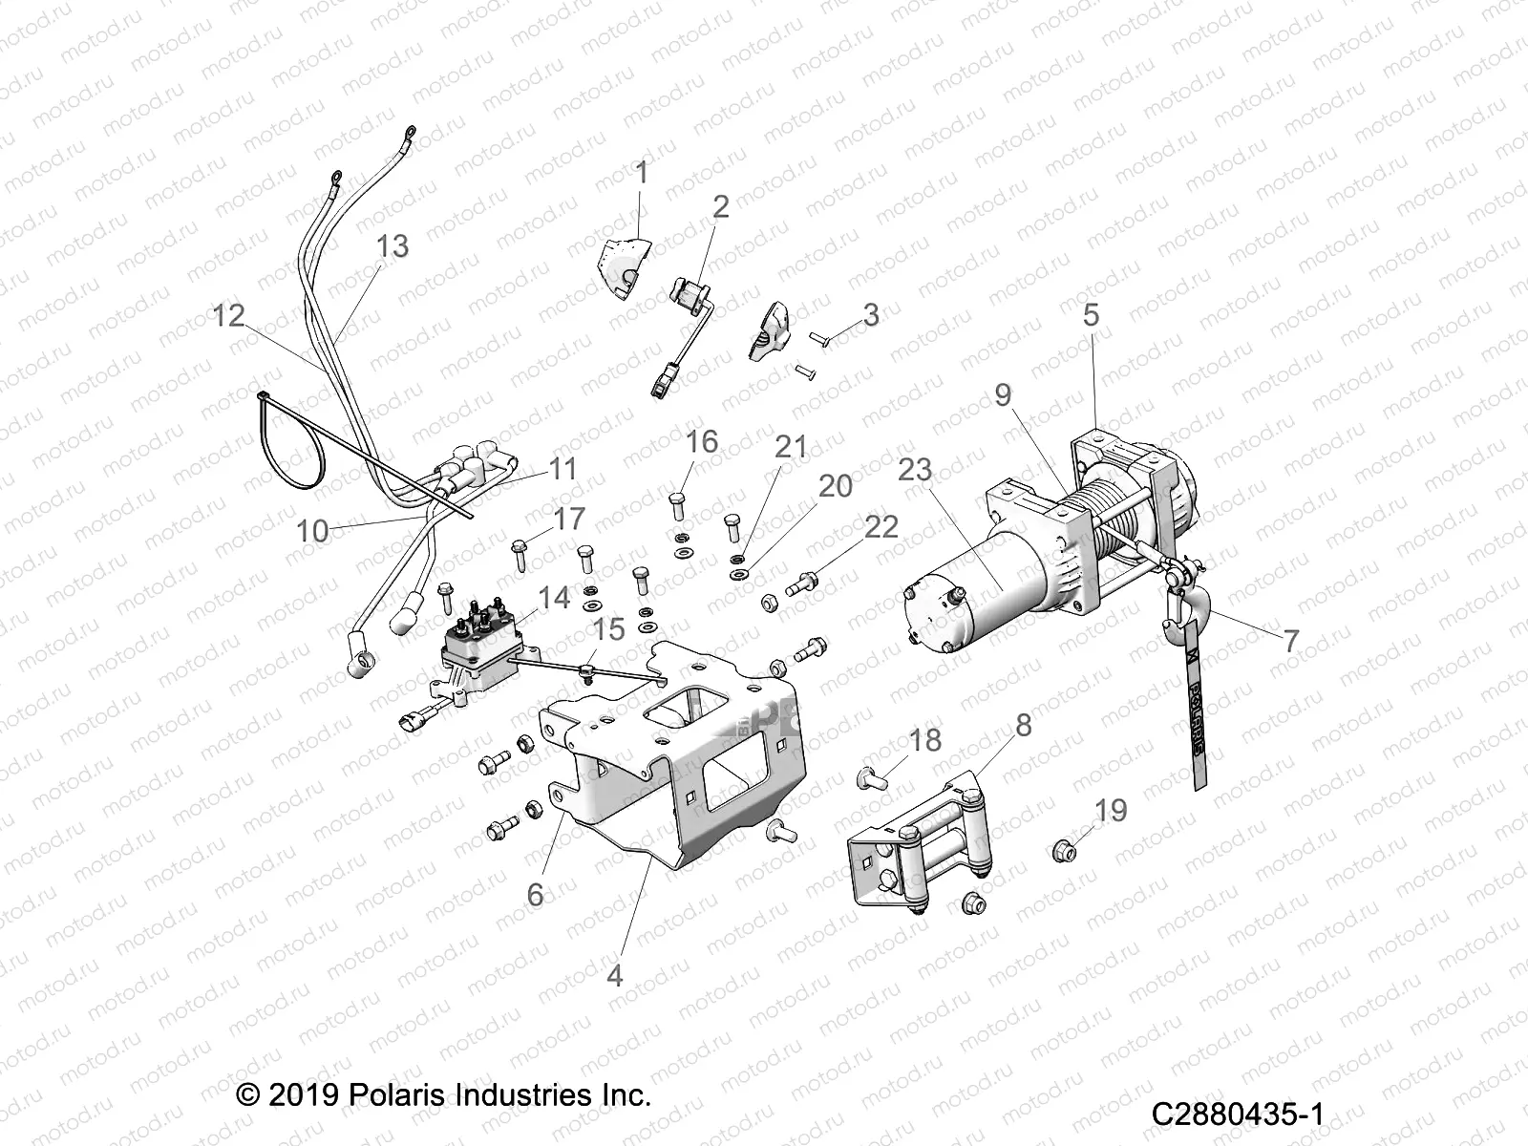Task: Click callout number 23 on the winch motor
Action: click(x=914, y=470)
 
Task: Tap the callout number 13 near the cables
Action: click(x=392, y=246)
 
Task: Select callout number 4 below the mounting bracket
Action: click(x=615, y=975)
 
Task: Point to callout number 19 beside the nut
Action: click(x=1111, y=810)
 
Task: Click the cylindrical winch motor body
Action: click(x=984, y=592)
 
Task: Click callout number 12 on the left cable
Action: click(x=228, y=315)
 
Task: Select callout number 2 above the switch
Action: click(x=720, y=206)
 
